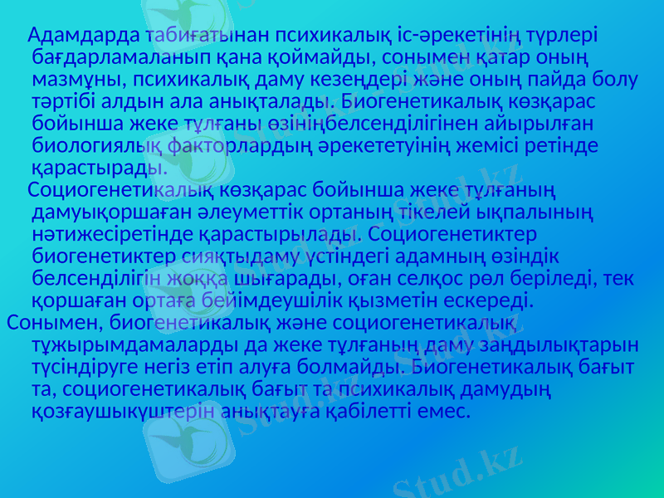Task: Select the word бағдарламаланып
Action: click(x=111, y=58)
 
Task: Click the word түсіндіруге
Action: click(x=89, y=364)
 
